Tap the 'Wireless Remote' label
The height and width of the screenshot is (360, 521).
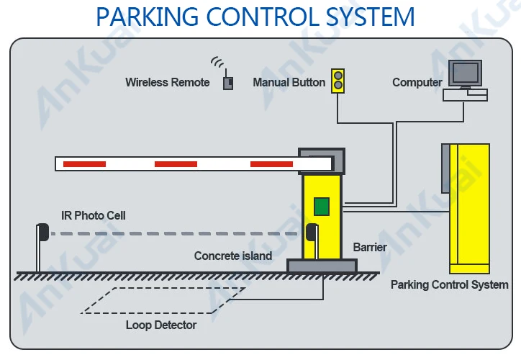click(x=168, y=82)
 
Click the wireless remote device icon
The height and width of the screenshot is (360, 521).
click(x=228, y=82)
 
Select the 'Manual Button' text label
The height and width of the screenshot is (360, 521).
click(x=289, y=82)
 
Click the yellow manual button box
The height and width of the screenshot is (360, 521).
click(x=337, y=81)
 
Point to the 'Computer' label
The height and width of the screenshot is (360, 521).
click(x=417, y=82)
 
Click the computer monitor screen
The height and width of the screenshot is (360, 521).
click(x=464, y=72)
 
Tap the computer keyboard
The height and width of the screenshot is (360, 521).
click(x=465, y=94)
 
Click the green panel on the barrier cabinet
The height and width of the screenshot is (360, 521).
click(x=321, y=207)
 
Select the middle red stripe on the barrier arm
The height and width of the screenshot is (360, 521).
click(x=176, y=164)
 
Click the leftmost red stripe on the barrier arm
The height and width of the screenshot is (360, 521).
click(x=84, y=164)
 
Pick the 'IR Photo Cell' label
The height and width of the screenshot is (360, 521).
click(x=94, y=215)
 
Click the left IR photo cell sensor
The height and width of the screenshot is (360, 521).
click(x=42, y=233)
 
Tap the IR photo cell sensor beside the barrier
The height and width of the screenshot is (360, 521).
click(x=311, y=233)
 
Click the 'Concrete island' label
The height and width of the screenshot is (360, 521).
click(x=233, y=256)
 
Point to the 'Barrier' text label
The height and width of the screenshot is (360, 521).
click(x=370, y=247)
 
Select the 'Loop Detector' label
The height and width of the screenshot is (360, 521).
click(x=161, y=325)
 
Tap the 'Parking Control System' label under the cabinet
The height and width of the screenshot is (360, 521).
click(x=449, y=284)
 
